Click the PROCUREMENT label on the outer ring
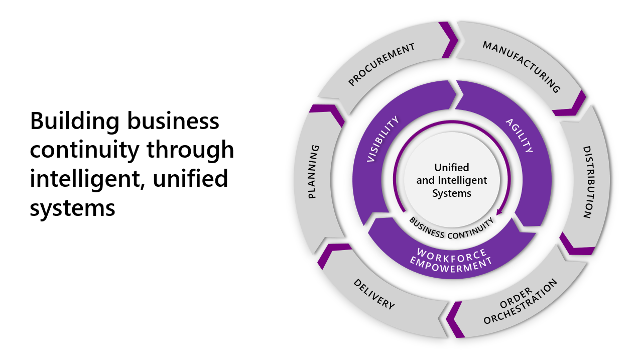tap(382, 64)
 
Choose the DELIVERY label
tap(374, 294)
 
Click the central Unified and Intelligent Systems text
tap(452, 180)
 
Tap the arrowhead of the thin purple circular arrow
tap(499, 212)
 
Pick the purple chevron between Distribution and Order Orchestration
tap(575, 245)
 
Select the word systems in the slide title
tap(72, 207)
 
